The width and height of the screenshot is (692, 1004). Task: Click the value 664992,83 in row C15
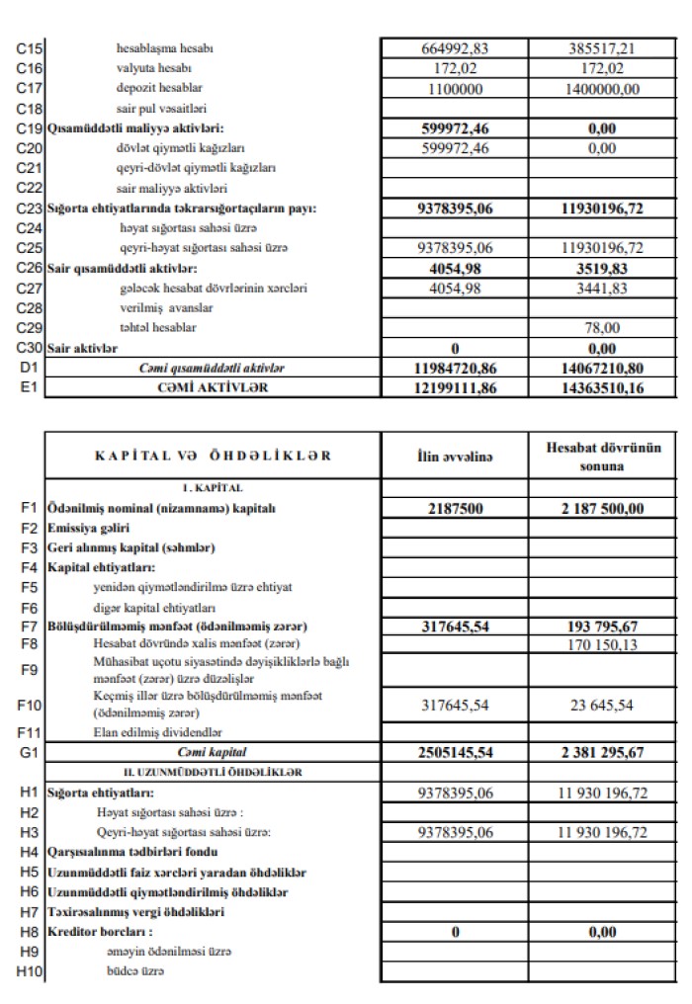point(456,46)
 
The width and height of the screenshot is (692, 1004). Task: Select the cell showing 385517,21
point(603,46)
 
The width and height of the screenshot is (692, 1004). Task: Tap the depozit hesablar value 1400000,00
point(603,88)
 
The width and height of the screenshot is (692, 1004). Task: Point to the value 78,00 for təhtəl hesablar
point(603,327)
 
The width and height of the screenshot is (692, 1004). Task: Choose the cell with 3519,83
point(603,268)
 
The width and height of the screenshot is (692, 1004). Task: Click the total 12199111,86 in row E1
point(456,387)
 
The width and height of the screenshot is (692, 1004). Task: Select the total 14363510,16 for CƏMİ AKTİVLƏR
point(603,387)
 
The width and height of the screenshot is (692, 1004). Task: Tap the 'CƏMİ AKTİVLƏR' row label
point(207,387)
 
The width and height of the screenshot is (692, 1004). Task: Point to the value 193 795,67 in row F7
point(603,627)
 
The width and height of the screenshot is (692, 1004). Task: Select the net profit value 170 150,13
point(603,645)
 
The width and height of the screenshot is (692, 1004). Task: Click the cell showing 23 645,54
point(603,705)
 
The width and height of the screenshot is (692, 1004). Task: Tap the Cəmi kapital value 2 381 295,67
point(603,752)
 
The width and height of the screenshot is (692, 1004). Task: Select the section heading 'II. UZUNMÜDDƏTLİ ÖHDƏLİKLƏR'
point(207,771)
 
